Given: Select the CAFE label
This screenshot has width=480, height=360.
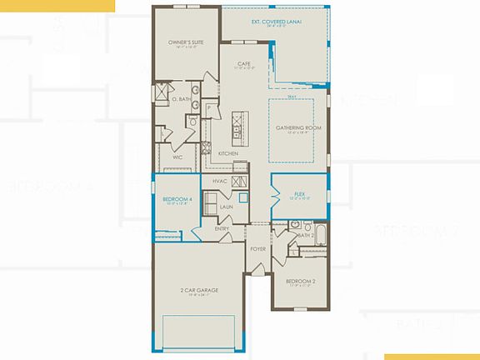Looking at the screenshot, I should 244,63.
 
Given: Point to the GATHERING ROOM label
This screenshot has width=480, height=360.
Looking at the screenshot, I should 298,127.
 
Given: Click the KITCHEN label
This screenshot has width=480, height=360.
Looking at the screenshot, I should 228,154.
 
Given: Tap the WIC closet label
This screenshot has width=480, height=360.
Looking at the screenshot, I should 177,156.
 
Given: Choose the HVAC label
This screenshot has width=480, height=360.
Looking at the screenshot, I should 220,180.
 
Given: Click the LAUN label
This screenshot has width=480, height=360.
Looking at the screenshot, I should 225,206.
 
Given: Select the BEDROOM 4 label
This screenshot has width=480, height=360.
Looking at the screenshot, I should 177,200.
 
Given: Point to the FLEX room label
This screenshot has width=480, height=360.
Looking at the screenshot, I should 299,196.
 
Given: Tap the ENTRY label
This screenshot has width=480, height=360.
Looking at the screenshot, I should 222,228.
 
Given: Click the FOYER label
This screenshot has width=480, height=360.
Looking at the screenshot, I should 257,248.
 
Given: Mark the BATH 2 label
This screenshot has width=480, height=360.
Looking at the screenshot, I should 307,236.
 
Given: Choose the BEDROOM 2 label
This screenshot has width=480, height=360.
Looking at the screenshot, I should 299,281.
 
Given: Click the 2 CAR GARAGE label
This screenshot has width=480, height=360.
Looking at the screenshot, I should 197,290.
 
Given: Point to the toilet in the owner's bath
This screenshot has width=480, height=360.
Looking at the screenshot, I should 192,122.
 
